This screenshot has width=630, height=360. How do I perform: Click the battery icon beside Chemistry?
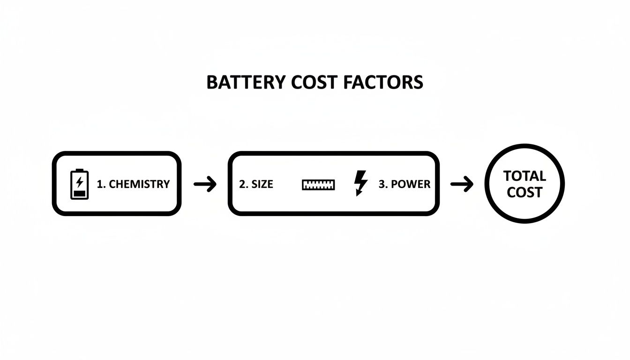pos(79,184)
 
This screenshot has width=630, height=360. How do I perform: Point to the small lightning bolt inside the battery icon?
pos(80,181)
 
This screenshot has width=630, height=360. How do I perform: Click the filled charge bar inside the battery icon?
pos(79,193)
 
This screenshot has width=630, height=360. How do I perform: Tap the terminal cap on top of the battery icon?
pos(79,170)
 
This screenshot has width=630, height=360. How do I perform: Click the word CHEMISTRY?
pos(139,184)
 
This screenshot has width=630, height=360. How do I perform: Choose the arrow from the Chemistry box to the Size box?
pos(205,184)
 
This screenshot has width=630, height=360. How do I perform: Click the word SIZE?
pos(262,184)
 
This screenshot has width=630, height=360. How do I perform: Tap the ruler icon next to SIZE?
pos(319,185)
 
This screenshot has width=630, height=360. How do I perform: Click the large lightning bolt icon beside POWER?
pos(360,183)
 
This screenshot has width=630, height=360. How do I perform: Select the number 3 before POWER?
pos(382,184)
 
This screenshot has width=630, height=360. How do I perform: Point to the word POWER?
pos(411,184)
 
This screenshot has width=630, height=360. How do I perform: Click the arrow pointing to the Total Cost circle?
pos(462,184)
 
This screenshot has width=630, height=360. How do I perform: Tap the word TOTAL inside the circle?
pos(525,176)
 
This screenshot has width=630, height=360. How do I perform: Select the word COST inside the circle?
pos(525,192)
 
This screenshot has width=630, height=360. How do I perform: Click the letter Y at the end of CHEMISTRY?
pos(166,184)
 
